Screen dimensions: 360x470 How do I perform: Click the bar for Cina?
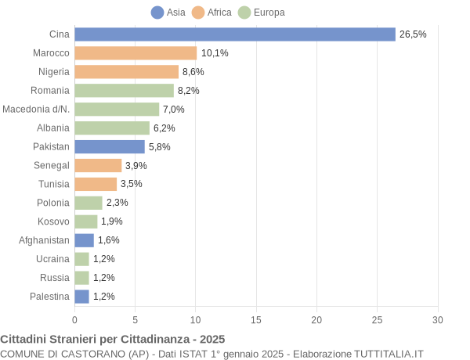point(235,34)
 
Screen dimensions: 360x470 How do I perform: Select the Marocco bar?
point(136,53)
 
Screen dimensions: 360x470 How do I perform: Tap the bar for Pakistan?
point(110,146)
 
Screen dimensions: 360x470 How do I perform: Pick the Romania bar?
point(124,91)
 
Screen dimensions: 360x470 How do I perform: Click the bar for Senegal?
point(98,165)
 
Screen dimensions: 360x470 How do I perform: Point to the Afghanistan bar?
point(84,240)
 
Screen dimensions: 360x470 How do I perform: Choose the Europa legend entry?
point(261,13)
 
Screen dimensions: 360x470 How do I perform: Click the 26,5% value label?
point(413,34)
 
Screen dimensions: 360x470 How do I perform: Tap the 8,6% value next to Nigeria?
point(193,72)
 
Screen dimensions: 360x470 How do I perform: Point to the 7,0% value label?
point(173,110)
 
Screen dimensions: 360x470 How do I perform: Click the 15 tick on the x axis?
point(256,319)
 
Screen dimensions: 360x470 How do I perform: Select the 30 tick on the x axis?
point(438,319)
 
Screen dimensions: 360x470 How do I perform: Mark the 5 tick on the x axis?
point(135,319)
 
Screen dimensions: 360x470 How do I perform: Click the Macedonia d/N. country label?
point(36,109)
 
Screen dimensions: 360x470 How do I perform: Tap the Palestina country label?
point(49,296)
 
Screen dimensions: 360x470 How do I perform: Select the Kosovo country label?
point(53,221)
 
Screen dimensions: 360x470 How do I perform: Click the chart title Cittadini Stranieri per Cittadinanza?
point(113,340)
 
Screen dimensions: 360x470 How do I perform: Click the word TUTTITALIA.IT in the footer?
point(383,354)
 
